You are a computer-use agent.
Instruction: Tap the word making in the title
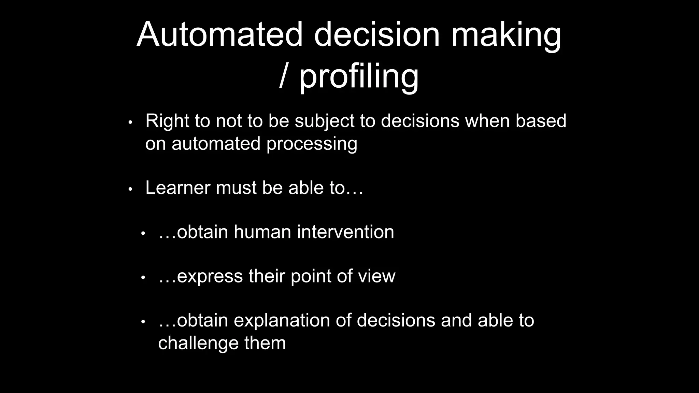pos(506,34)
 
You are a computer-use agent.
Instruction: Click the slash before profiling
pos(283,76)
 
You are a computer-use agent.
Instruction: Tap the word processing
pos(312,144)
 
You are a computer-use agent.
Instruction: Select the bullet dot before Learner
pos(130,189)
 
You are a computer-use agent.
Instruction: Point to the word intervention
pos(345,232)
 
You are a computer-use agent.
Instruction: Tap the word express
pos(210,276)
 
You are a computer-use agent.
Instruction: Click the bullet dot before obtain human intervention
pos(143,234)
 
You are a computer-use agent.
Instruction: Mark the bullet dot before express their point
pos(143,278)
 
